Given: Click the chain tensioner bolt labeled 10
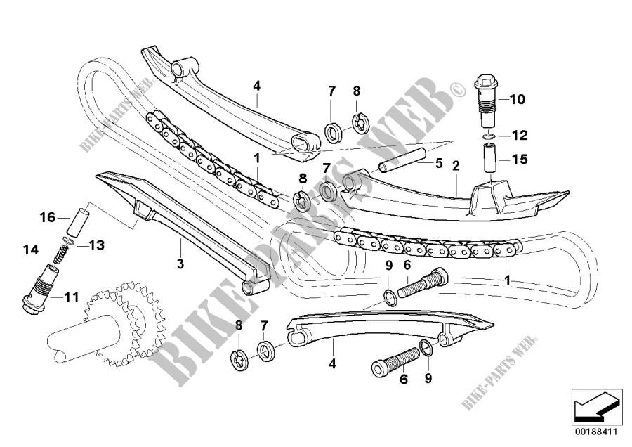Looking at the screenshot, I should (x=486, y=93).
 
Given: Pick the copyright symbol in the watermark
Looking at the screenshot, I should (x=456, y=90).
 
